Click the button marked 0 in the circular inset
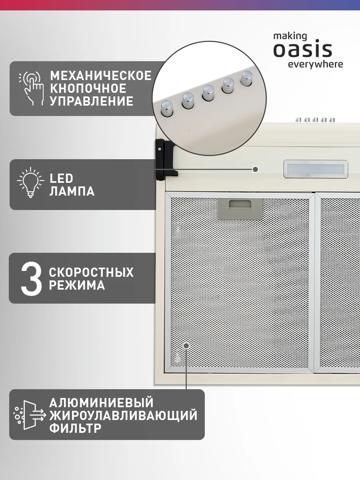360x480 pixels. (x=167, y=108)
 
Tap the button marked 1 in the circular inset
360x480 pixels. (x=188, y=100)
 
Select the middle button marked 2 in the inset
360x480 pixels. (x=208, y=93)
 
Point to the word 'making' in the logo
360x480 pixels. (x=290, y=36)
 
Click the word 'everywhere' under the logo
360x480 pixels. (x=316, y=64)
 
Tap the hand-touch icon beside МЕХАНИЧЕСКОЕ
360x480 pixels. (x=32, y=88)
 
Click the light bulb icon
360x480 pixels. (x=31, y=182)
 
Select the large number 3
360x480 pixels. (x=31, y=278)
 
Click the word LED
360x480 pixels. (x=62, y=179)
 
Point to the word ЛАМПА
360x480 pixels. (x=72, y=191)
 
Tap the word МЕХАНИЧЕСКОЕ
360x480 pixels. (x=101, y=76)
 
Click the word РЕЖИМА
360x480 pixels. (x=77, y=285)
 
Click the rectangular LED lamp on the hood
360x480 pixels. (x=316, y=169)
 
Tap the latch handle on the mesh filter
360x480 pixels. (x=240, y=209)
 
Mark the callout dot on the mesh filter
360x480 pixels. (x=186, y=346)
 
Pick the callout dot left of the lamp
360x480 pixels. (x=255, y=169)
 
